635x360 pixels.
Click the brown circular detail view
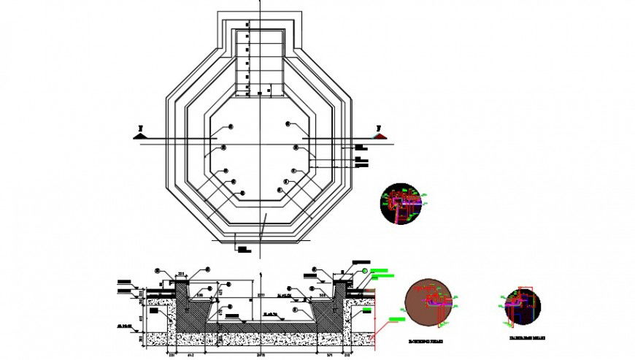click(x=429, y=302)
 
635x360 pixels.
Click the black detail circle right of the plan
click(x=401, y=203)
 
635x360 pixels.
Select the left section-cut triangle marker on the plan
click(x=139, y=134)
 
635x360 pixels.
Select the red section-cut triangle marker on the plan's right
click(x=379, y=134)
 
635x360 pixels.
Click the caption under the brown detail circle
click(x=428, y=340)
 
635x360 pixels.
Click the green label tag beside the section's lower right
click(x=397, y=320)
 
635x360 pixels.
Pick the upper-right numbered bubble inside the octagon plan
click(x=288, y=125)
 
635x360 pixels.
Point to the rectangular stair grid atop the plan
click(x=259, y=61)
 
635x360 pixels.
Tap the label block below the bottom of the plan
click(x=242, y=249)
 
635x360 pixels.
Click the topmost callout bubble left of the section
click(x=160, y=270)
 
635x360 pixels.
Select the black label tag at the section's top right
click(x=361, y=261)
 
